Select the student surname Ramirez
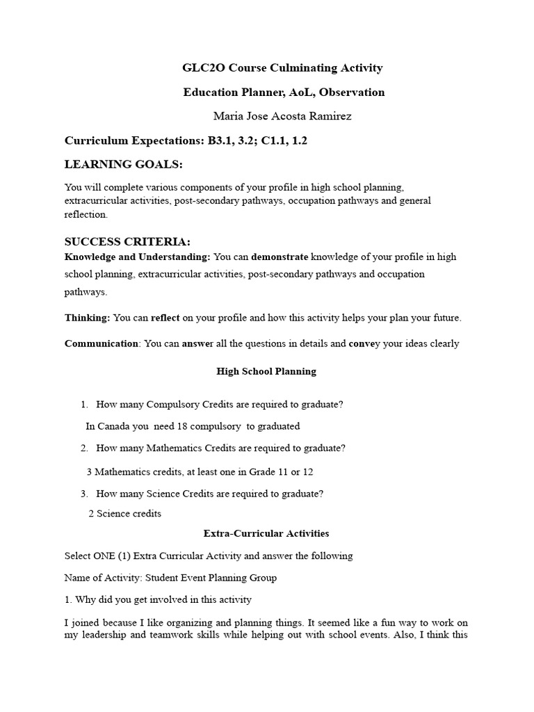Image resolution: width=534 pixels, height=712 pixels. [329, 115]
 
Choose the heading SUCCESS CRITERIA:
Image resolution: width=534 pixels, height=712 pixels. [127, 241]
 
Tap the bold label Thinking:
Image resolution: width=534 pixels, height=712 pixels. [88, 318]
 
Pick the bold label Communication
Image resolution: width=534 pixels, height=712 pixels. [102, 343]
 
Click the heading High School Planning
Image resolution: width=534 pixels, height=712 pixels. [266, 371]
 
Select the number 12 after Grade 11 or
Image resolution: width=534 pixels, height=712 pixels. [307, 472]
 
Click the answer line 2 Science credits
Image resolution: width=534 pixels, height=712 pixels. [125, 514]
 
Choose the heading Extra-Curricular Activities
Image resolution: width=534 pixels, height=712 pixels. [266, 533]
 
